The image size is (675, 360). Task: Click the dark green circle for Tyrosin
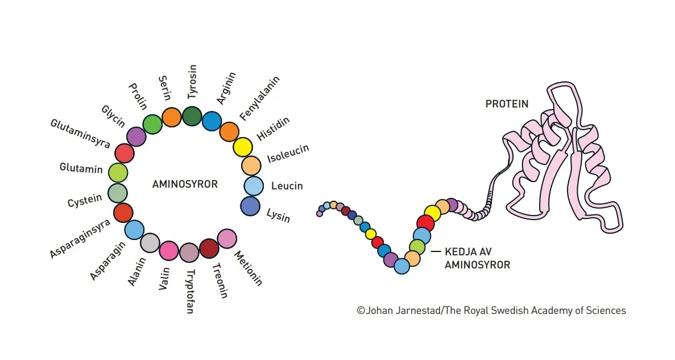coord(192,116)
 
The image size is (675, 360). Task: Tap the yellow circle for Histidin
coord(243,147)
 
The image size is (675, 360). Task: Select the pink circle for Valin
coord(169,251)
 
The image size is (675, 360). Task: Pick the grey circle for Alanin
coord(150,243)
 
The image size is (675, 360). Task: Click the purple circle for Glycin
coord(136,137)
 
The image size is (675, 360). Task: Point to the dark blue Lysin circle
coord(250,206)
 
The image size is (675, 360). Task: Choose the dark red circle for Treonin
coord(209,249)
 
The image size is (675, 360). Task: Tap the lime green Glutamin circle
coord(118,173)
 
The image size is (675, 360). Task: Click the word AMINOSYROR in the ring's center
coord(185,184)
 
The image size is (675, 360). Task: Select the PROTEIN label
coord(507,104)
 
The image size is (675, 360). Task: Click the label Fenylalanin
coord(259,98)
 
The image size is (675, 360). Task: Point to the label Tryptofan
coord(190,292)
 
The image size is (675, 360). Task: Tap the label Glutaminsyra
coord(80,134)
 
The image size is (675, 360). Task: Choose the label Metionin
coord(248,268)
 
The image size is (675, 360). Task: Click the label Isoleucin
coord(288,154)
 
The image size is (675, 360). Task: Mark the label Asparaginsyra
coord(80,238)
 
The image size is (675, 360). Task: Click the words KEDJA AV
coord(468,252)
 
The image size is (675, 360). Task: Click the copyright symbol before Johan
coord(361,311)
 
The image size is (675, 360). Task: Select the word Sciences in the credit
coord(607,311)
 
